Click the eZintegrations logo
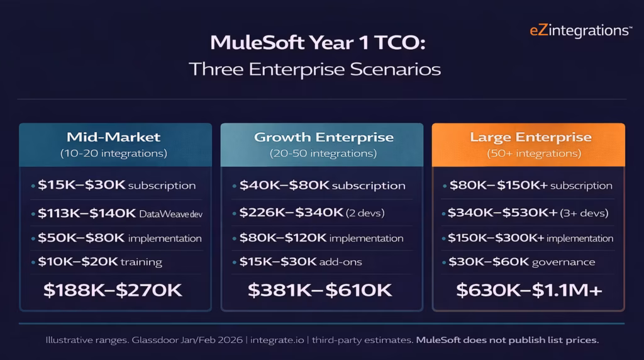(x=580, y=30)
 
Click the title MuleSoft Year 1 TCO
(x=319, y=43)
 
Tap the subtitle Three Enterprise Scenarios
(x=314, y=69)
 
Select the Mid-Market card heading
(x=114, y=137)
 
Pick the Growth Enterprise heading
(x=323, y=137)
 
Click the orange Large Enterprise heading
(x=531, y=137)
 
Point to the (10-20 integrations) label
(x=114, y=154)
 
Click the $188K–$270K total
(x=113, y=290)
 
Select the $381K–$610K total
(x=319, y=290)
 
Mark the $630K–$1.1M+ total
(x=529, y=290)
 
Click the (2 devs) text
(x=365, y=213)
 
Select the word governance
(x=563, y=262)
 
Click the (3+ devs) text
(x=584, y=213)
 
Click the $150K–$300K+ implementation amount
(x=496, y=239)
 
